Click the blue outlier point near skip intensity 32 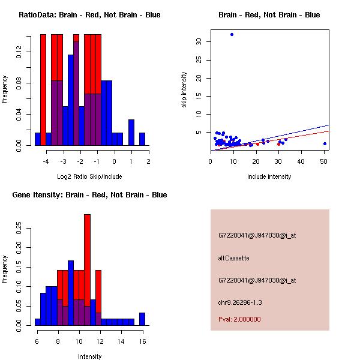232,35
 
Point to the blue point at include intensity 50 325,143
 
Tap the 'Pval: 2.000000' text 239,319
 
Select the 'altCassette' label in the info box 233,258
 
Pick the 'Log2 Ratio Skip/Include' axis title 89,176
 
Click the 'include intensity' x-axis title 269,176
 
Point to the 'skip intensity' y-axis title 185,90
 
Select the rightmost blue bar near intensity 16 142,319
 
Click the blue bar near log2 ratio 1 131,132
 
